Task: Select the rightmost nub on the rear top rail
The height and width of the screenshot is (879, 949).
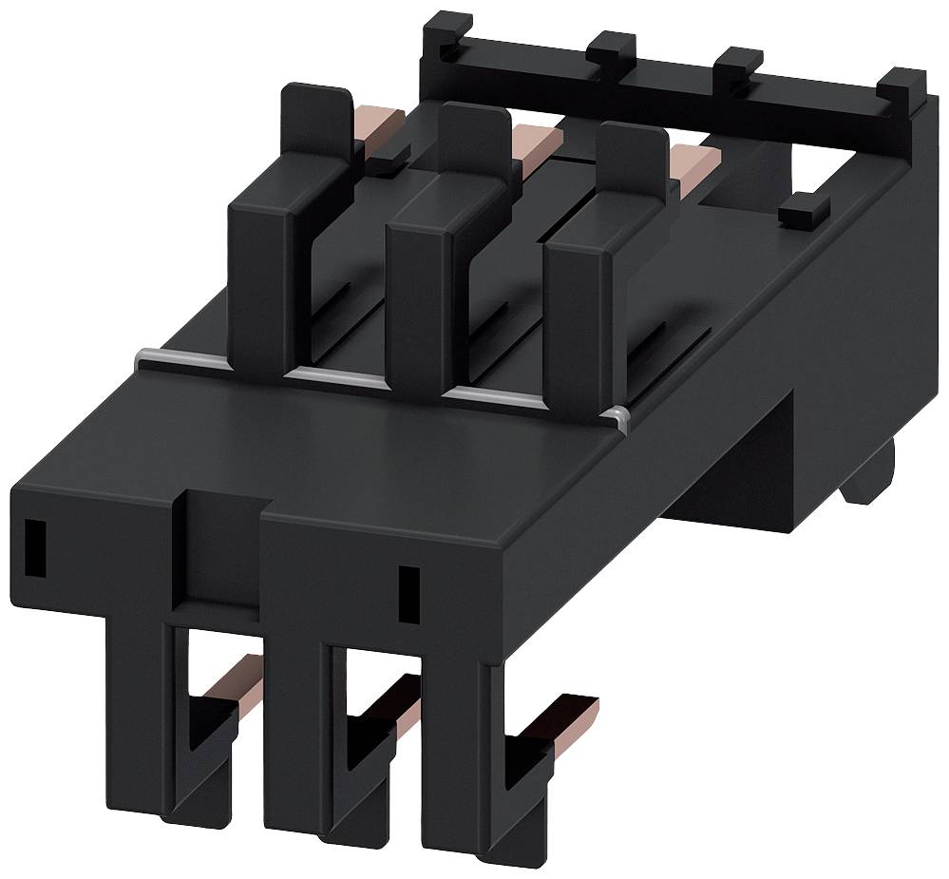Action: point(901,86)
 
